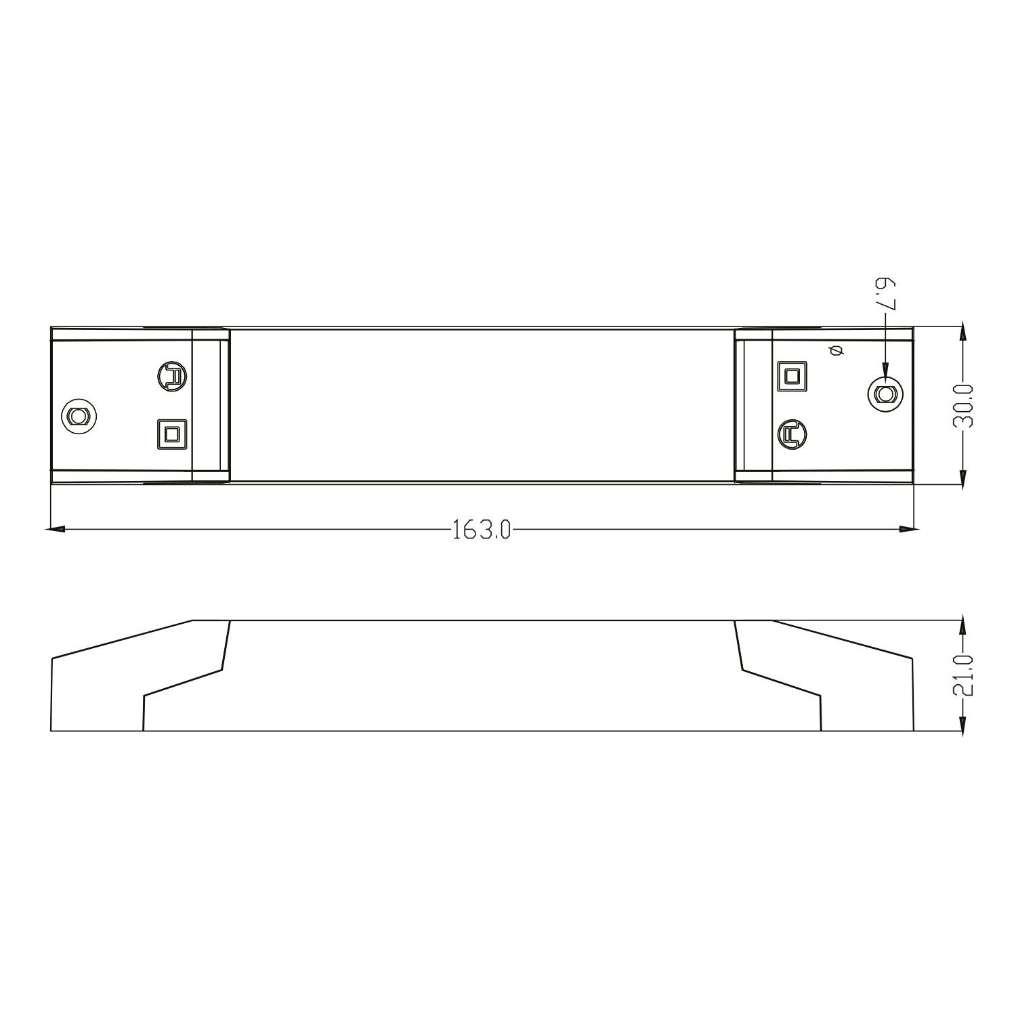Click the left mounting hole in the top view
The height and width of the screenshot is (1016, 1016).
coord(79,415)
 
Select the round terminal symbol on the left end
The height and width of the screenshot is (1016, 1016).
coord(173,377)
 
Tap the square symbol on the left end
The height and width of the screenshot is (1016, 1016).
coord(172,433)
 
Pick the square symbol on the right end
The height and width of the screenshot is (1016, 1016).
coord(792,376)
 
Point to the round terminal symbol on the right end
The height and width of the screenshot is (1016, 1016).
coord(792,434)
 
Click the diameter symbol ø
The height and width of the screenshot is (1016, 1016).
coord(834,350)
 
